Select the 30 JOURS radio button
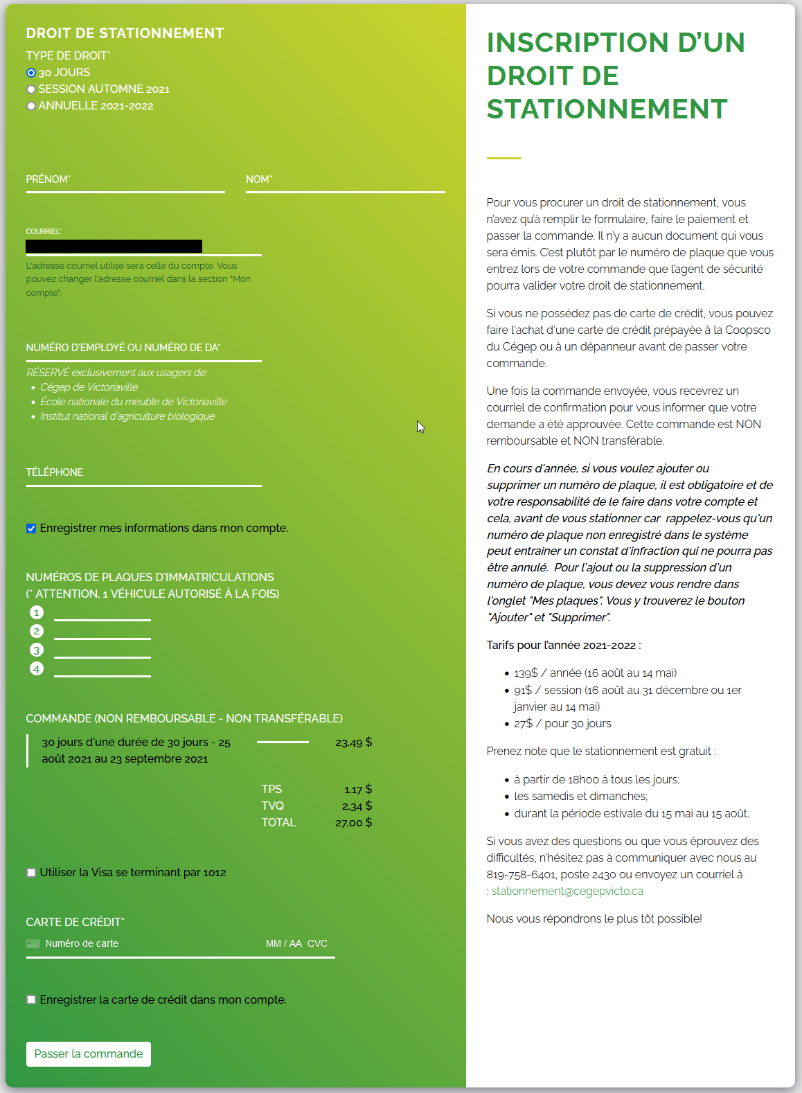coord(31,73)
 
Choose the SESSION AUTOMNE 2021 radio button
coord(31,89)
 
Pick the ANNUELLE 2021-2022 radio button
coord(31,106)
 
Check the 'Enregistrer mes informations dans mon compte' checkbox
coord(31,528)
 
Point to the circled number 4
coord(37,668)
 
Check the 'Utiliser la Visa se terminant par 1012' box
coord(31,873)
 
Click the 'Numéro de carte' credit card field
coord(139,943)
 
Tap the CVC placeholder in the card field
coord(317,943)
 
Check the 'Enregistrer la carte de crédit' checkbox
coord(31,999)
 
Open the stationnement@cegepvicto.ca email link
coord(567,891)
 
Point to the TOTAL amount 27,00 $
coord(353,823)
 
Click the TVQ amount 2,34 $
coord(357,806)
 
